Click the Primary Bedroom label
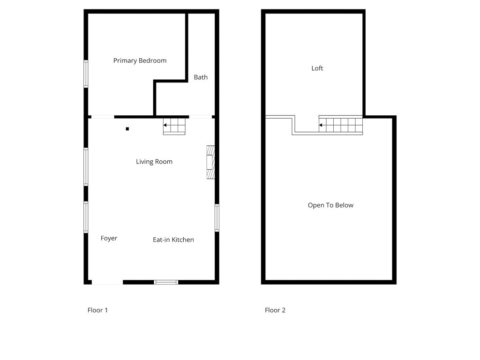point(140,60)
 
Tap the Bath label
point(201,77)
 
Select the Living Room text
point(154,162)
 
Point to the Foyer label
point(109,238)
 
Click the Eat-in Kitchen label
point(173,240)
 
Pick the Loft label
point(317,68)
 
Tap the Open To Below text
point(330,205)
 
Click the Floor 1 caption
point(97,310)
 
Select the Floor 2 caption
point(275,310)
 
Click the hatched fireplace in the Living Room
point(211,162)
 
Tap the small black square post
point(127,129)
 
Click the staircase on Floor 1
point(174,126)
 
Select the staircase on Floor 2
point(341,125)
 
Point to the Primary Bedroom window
point(86,74)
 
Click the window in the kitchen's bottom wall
point(166,282)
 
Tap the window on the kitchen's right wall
point(217,218)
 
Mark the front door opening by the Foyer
point(107,282)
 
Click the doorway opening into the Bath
point(200,116)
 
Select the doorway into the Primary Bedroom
point(102,116)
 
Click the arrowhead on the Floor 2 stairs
point(321,125)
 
